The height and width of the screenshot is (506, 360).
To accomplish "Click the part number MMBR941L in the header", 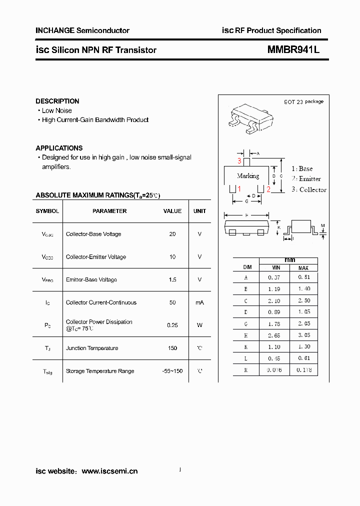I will tap(293, 50).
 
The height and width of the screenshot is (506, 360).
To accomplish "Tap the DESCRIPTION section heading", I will tap(57, 101).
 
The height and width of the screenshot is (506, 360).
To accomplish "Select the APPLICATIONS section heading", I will tap(59, 148).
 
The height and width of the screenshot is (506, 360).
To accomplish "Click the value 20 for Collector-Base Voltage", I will tap(172, 234).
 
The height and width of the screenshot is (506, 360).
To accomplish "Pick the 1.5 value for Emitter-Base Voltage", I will tap(172, 279).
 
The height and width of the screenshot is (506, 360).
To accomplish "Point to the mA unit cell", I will tap(199, 302).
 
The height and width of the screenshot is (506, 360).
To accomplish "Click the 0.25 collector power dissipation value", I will tap(172, 325).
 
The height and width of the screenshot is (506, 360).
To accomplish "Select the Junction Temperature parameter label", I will tap(92, 348).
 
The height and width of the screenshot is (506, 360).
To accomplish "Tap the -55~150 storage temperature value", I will tap(172, 371).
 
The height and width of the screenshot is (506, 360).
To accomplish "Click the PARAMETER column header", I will tap(109, 211).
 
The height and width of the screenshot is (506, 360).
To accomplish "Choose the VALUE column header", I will tap(172, 211).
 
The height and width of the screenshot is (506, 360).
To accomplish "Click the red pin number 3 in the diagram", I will tap(239, 161).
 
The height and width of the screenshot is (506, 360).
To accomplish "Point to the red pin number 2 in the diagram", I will tap(268, 189).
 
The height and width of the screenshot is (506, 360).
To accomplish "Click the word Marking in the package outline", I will tap(248, 176).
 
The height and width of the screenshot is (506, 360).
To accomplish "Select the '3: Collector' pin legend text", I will tap(309, 189).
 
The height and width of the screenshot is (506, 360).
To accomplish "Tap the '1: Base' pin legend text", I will tap(302, 169).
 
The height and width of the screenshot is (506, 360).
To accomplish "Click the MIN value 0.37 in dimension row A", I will tap(274, 277).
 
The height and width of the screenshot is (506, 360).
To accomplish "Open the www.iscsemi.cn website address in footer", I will tap(109, 471).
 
